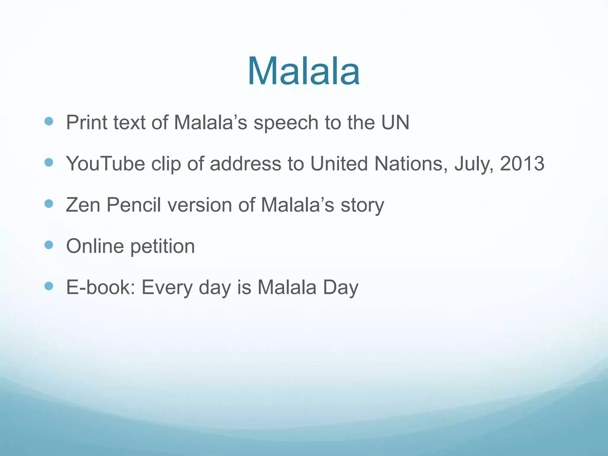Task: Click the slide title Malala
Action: pos(304,71)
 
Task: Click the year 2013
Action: pos(522,164)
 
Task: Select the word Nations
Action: pos(411,164)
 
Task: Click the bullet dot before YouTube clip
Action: pos(49,162)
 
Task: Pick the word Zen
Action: pos(83,205)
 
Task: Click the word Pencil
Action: pos(134,205)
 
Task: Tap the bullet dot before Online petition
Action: pos(49,245)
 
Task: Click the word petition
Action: pos(162,247)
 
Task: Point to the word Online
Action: pos(95,246)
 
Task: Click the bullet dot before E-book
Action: pos(49,286)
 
